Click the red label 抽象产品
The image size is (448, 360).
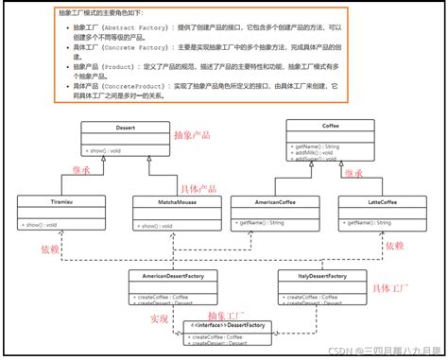[194, 135]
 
